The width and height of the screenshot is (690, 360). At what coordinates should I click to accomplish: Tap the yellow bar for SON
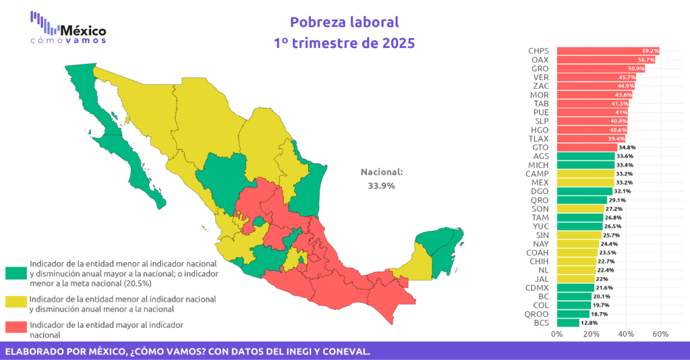(580, 209)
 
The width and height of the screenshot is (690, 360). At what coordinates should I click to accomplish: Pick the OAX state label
(540, 60)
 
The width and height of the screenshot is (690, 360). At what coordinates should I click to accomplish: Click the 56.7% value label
(645, 60)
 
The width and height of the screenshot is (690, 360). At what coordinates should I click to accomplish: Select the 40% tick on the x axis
(626, 334)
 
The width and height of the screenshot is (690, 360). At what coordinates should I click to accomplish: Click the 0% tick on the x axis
(557, 334)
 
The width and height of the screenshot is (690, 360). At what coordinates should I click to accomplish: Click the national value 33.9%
(381, 185)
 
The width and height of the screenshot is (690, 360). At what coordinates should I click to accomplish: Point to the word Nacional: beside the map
(381, 172)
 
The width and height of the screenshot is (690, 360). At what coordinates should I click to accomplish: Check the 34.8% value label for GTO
(627, 148)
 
